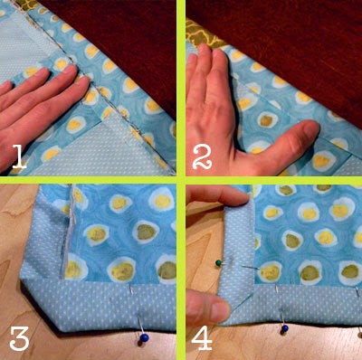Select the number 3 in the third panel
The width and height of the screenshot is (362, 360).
click(x=19, y=338)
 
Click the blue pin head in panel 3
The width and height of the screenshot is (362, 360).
click(x=143, y=339)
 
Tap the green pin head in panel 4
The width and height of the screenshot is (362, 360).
click(x=220, y=263)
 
